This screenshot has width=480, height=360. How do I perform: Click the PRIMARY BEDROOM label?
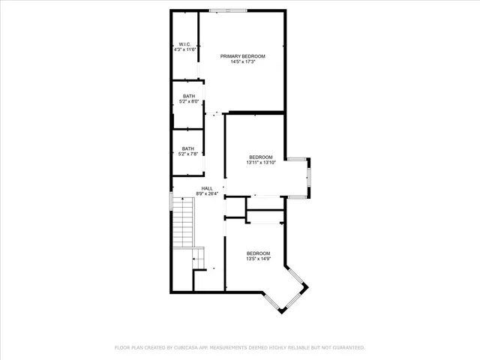pos(242,56)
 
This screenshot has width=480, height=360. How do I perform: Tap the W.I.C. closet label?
pos(184,44)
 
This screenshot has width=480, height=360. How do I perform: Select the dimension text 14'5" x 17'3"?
pos(242,62)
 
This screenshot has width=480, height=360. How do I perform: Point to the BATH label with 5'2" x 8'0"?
pos(189,96)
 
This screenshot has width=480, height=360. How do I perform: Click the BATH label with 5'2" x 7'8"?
pos(189,148)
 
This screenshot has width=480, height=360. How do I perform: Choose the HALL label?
pos(207,188)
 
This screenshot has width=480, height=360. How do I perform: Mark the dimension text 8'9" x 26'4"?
pos(207,194)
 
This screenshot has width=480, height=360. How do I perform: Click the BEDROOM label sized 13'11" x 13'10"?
pos(260,157)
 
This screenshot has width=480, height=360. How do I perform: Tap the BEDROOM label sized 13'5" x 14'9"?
pos(258,253)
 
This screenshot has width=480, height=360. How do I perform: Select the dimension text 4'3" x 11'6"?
pos(184,50)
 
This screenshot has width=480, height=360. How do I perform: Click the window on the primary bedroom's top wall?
pos(227,10)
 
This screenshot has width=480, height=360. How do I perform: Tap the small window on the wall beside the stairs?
pos(171,201)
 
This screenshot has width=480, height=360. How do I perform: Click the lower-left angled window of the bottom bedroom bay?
pos(271,301)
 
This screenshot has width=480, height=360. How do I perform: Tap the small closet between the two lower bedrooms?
pos(265,217)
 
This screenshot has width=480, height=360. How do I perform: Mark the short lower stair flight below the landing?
pos(199,259)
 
